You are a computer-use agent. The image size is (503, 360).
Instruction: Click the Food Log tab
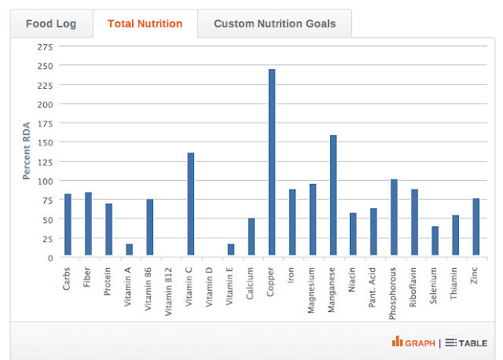point(51,24)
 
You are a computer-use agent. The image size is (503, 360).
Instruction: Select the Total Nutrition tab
point(145,24)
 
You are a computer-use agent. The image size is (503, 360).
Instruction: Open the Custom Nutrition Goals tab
point(274,24)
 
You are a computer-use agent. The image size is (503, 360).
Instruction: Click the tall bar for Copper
point(272,162)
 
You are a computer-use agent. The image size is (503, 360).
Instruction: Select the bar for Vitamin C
point(190,204)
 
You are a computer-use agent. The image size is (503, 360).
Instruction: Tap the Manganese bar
point(333,195)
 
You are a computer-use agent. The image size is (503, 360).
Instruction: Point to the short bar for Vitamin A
point(129,249)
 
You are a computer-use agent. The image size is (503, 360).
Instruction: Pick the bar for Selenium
point(435,241)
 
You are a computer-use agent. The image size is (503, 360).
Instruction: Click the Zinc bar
point(476,226)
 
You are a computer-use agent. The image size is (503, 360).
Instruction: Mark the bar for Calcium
point(251,237)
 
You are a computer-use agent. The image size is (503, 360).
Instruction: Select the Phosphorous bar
point(395,217)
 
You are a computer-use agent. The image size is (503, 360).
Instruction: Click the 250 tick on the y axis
point(46,66)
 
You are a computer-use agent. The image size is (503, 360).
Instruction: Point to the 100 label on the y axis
point(46,182)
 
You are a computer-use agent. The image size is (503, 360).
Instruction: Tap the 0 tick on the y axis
point(50,259)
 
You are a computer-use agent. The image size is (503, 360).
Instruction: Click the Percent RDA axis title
point(26,151)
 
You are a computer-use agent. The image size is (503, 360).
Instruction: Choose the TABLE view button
point(466,343)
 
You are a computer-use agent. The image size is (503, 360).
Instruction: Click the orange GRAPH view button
point(413,343)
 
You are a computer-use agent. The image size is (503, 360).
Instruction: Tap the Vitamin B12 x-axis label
point(168,292)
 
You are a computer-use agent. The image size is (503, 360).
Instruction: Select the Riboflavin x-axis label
point(413,287)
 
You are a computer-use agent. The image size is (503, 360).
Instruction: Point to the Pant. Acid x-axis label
point(372,288)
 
